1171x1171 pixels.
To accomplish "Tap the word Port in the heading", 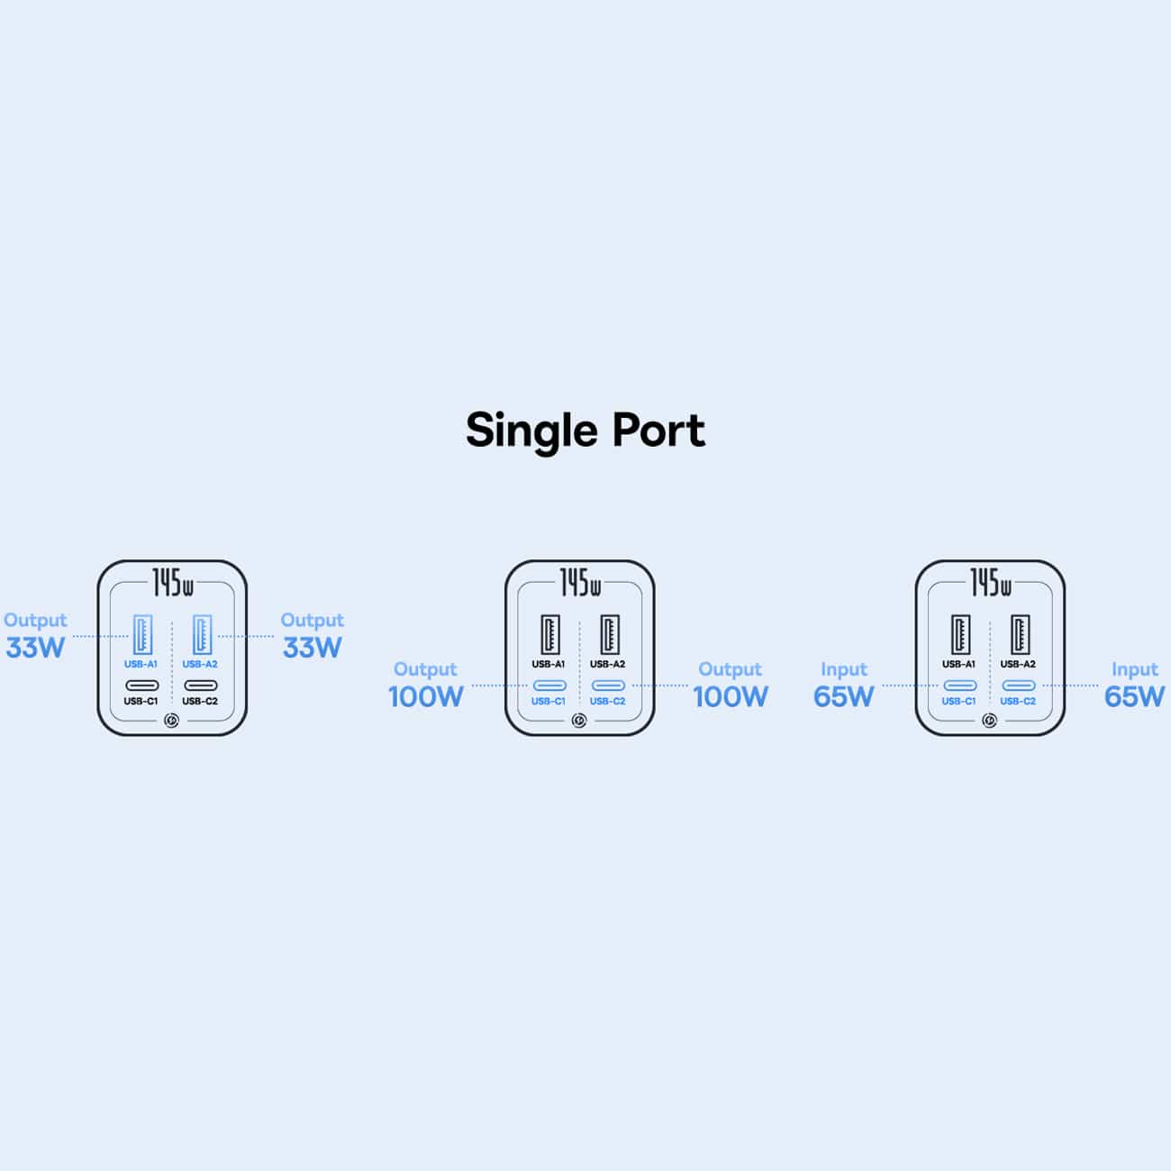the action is tap(658, 431).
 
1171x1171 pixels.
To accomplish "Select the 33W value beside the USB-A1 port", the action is tap(35, 648).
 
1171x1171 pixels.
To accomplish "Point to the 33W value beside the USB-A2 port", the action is tap(313, 648).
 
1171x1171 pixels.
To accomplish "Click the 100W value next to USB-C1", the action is tap(426, 697).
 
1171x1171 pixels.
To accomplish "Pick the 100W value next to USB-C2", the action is tap(731, 697).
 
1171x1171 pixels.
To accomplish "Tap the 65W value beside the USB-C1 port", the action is tap(843, 697).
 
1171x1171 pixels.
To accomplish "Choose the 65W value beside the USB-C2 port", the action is tap(1134, 697).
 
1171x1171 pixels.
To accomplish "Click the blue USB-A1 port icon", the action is tap(142, 634).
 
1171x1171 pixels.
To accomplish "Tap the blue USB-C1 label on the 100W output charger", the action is tap(549, 702).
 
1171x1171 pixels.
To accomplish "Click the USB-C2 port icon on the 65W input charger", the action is tap(1019, 685).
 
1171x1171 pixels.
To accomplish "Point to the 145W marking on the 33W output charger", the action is tap(173, 583).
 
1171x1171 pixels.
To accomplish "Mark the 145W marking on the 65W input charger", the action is tap(991, 583).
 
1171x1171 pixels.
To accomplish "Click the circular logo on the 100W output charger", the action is tap(579, 721).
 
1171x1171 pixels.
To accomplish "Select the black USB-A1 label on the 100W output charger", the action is tap(549, 664).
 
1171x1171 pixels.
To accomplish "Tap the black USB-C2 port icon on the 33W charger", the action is tap(201, 685).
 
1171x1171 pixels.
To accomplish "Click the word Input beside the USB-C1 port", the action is tap(843, 669).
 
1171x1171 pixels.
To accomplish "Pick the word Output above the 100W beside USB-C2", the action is tap(730, 669).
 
